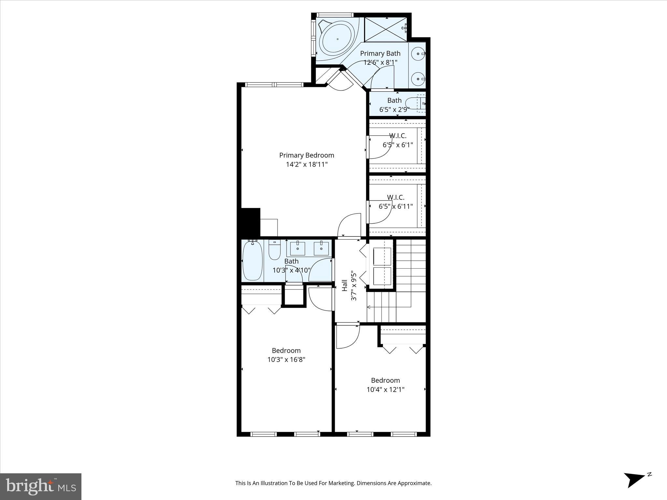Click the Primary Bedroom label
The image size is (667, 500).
tap(306, 155)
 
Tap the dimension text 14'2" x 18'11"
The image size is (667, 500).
tap(306, 164)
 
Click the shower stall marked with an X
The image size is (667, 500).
tap(385, 29)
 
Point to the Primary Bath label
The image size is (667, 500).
tap(380, 53)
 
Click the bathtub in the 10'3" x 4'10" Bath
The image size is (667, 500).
tap(252, 261)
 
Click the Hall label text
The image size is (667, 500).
tap(345, 285)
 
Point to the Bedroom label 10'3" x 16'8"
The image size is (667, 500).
tap(286, 351)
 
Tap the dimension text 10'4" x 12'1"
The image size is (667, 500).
tap(385, 389)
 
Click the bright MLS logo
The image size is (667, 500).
tap(41, 486)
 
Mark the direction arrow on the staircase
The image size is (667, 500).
tap(369, 307)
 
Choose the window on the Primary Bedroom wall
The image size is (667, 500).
tap(274, 85)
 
